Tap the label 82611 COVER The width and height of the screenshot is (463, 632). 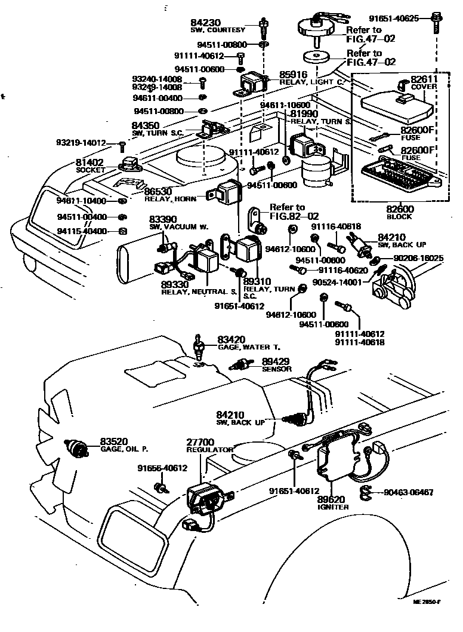click(424, 82)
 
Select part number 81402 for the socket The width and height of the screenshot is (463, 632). click(90, 162)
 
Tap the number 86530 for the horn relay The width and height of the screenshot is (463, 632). click(157, 190)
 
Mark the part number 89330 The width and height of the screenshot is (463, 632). click(175, 284)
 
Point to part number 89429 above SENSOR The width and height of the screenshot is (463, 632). click(276, 361)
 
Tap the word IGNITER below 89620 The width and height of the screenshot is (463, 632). click(333, 507)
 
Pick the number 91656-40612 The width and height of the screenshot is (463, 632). click(162, 468)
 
